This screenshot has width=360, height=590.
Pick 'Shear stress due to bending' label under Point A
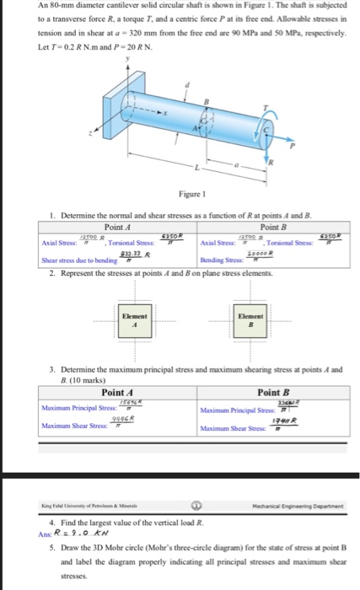point(76,261)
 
